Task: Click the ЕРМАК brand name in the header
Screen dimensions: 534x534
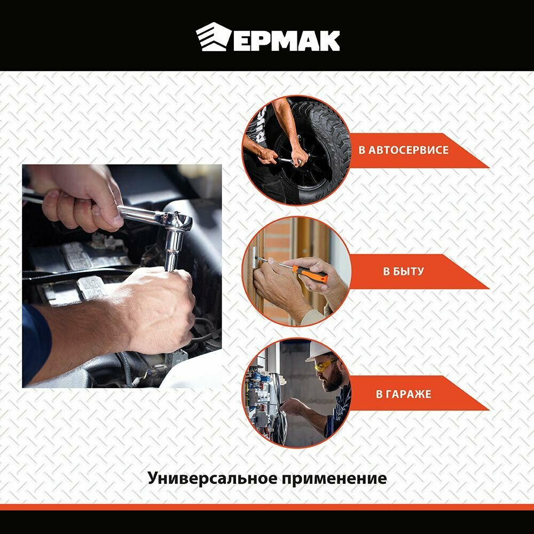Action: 286,41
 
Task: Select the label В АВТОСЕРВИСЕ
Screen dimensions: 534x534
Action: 403,150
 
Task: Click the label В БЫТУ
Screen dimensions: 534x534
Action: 403,271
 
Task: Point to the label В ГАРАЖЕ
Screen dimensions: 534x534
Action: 404,394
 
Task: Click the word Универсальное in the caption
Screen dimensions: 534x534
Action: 212,478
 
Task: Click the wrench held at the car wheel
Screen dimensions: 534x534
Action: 288,161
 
